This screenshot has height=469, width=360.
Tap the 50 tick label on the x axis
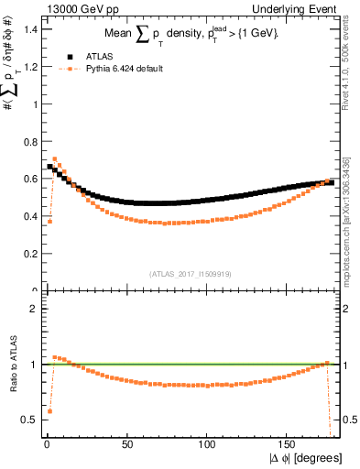click(126, 444)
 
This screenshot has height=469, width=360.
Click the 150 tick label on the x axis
click(288, 444)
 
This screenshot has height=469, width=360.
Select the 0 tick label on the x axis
click(46, 444)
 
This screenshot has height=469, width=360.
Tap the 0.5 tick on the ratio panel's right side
click(348, 420)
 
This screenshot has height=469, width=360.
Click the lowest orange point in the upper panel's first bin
click(49, 221)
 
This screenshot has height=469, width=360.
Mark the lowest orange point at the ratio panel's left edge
click(49, 411)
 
